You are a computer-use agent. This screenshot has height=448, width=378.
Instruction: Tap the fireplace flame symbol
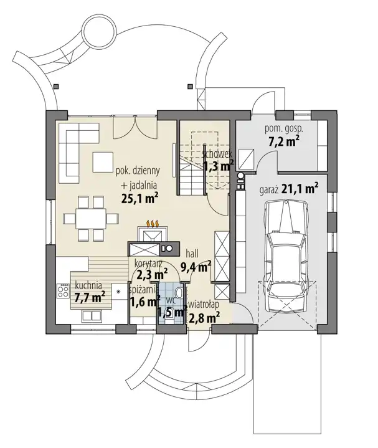pos(153,224)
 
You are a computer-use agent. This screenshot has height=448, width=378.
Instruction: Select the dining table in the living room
pos(91,219)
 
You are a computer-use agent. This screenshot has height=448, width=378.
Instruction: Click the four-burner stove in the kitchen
pos(63,291)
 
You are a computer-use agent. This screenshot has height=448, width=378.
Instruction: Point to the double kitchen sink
pos(91,315)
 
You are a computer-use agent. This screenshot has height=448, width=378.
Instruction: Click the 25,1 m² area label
pos(139,198)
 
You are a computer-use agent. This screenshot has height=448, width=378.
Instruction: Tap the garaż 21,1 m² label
pos(289,189)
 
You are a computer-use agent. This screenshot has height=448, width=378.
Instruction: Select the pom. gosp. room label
pos(284,128)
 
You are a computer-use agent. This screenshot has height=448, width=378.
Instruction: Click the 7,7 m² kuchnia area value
pos(90,297)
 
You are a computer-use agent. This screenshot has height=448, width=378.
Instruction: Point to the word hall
pos(192,253)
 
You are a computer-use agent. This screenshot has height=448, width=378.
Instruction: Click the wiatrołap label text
pos(204,304)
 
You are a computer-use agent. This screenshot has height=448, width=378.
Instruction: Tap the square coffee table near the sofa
pos(103,162)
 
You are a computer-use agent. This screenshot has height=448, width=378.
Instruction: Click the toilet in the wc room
pos(180,292)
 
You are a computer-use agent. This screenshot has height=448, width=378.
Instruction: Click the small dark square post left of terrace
pos(57,86)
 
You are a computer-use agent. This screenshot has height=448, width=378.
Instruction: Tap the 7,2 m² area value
pos(284,141)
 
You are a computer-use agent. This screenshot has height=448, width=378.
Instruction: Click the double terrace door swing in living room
pos(135,128)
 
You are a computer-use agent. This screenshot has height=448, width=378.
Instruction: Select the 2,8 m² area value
pos(204,317)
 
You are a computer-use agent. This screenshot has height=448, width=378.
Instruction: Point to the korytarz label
pos(148,263)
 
